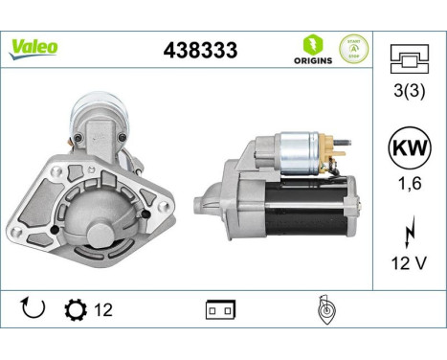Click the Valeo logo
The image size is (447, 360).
pyautogui.click(x=34, y=47)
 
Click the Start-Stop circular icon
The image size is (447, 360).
pyautogui.click(x=353, y=49)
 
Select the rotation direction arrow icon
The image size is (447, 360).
pyautogui.click(x=33, y=308)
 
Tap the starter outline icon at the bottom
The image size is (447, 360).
pyautogui.click(x=324, y=309)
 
